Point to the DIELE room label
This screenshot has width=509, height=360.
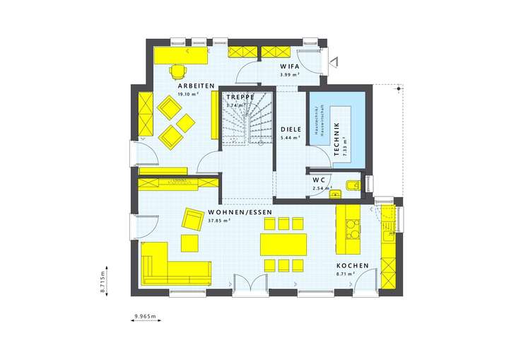[291, 130]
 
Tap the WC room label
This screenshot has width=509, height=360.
[318, 180]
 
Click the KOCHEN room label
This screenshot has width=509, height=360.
[352, 266]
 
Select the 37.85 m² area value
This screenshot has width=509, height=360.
[220, 220]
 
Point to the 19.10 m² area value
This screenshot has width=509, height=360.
[188, 94]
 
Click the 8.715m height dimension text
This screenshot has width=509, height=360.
[103, 281]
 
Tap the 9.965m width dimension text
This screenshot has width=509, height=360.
[145, 316]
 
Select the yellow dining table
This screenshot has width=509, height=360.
[282, 244]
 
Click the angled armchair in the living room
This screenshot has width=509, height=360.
[192, 219]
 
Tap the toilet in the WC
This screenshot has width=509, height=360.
[352, 186]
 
